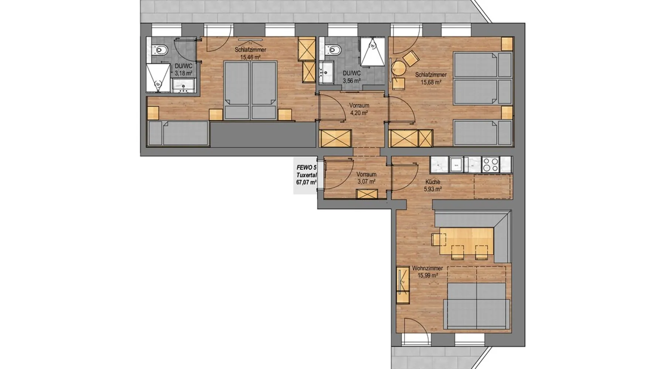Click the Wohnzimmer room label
coord(427,268)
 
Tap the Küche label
coord(433,182)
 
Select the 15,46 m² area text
coord(250,57)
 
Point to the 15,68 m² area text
coord(431,82)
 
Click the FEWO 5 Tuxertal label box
coord(305,175)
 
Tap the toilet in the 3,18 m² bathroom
coord(161,49)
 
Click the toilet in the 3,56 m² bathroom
coord(334,49)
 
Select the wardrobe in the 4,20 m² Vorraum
coord(335,139)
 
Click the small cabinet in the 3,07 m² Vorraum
coord(367,194)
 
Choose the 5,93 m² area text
coord(433,189)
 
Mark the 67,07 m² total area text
coord(306,182)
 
